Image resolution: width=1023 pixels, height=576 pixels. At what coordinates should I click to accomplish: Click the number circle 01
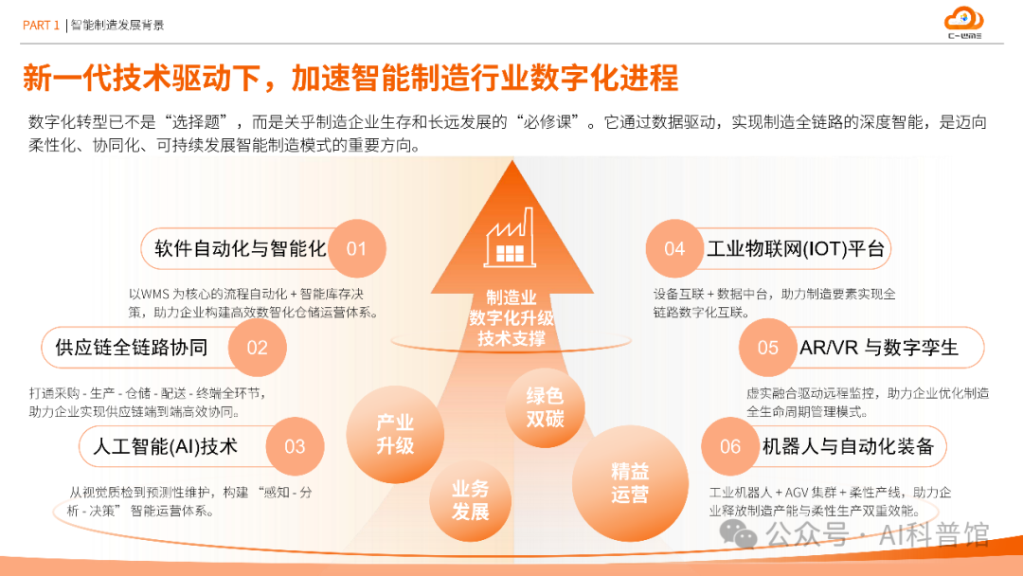pyautogui.click(x=356, y=249)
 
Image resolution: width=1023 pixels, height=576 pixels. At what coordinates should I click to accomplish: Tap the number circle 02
pyautogui.click(x=258, y=348)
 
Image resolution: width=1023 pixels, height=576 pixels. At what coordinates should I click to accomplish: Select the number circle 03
pyautogui.click(x=295, y=446)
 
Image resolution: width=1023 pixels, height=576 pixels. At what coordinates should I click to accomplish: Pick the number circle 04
pyautogui.click(x=674, y=249)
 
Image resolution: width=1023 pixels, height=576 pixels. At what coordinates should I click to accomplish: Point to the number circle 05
pyautogui.click(x=768, y=348)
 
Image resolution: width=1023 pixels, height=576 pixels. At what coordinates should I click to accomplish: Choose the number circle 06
pyautogui.click(x=730, y=446)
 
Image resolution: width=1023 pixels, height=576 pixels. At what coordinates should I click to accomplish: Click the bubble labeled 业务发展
pyautogui.click(x=471, y=500)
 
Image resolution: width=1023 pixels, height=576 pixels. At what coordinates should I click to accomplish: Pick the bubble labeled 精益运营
pyautogui.click(x=630, y=482)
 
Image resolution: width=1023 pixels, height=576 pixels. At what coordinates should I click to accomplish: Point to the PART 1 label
pyautogui.click(x=41, y=26)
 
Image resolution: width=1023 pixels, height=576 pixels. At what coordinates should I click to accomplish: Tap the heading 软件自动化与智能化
pyautogui.click(x=240, y=249)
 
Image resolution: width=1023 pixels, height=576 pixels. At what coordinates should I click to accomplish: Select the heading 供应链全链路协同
pyautogui.click(x=132, y=348)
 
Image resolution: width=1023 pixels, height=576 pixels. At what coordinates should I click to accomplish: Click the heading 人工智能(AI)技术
pyautogui.click(x=165, y=446)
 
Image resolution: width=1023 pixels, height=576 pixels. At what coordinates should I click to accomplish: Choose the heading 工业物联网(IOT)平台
pyautogui.click(x=796, y=249)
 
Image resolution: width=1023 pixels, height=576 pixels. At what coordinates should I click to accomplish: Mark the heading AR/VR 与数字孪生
pyautogui.click(x=879, y=348)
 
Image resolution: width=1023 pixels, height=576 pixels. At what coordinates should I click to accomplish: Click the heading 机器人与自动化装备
pyautogui.click(x=848, y=446)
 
